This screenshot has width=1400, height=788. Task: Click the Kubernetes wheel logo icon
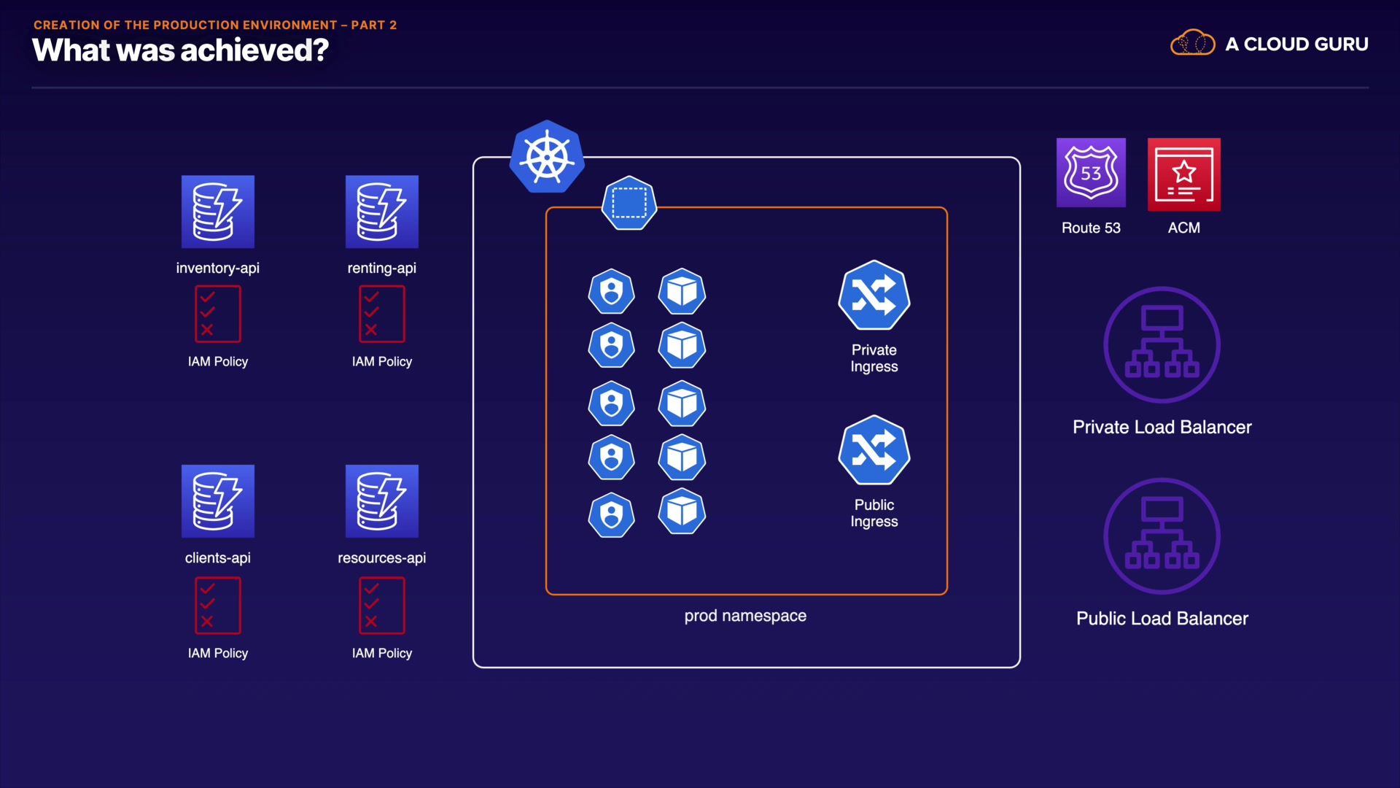pyautogui.click(x=547, y=157)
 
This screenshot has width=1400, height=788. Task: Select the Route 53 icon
pyautogui.click(x=1091, y=173)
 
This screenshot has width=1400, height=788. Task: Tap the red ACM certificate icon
pyautogui.click(x=1183, y=174)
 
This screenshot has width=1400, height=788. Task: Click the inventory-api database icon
pyautogui.click(x=218, y=212)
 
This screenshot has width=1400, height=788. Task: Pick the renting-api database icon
pyautogui.click(x=382, y=212)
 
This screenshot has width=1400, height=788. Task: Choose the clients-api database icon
pyautogui.click(x=218, y=501)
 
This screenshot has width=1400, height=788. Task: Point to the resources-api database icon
pyautogui.click(x=382, y=501)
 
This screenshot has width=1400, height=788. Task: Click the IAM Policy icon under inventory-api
pyautogui.click(x=218, y=314)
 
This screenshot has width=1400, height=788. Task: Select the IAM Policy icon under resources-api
pyautogui.click(x=382, y=606)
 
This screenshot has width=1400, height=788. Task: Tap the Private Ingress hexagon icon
pyautogui.click(x=874, y=295)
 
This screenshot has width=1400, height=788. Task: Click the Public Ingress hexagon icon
pyautogui.click(x=874, y=450)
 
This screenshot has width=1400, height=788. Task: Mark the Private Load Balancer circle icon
pyautogui.click(x=1162, y=344)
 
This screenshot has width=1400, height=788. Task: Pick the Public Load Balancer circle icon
pyautogui.click(x=1162, y=536)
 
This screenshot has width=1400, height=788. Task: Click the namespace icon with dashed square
pyautogui.click(x=629, y=203)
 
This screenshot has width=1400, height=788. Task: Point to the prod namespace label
pyautogui.click(x=745, y=616)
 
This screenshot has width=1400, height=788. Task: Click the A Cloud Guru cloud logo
pyautogui.click(x=1192, y=44)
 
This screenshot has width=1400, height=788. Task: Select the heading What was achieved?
pyautogui.click(x=181, y=50)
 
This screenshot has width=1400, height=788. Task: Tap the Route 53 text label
pyautogui.click(x=1091, y=228)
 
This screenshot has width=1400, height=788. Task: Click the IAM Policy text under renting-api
pyautogui.click(x=382, y=362)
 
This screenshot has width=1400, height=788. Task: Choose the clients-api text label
pyautogui.click(x=218, y=558)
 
